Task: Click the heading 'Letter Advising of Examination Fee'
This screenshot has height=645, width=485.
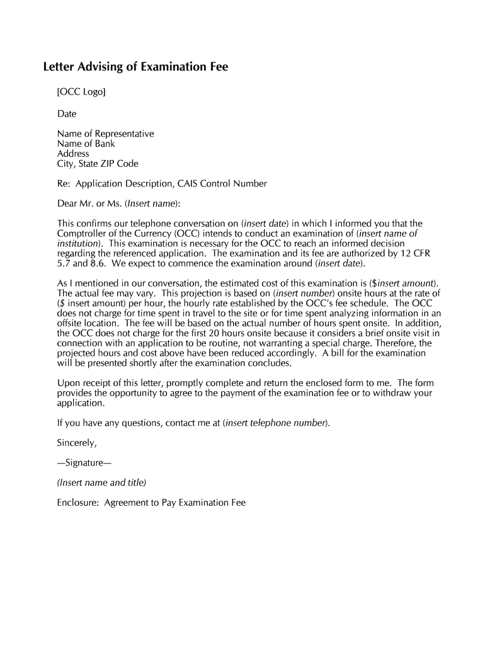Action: pyautogui.click(x=135, y=67)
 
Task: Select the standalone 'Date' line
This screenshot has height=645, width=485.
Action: pyautogui.click(x=67, y=114)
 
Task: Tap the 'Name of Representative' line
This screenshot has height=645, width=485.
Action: pyautogui.click(x=105, y=134)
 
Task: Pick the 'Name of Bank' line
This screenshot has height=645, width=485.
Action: pyautogui.click(x=86, y=144)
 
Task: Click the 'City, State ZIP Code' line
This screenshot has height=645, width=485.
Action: pyautogui.click(x=98, y=164)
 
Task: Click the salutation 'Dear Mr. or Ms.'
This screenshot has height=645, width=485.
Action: pyautogui.click(x=89, y=203)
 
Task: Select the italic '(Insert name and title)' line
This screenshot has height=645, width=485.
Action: pyautogui.click(x=101, y=482)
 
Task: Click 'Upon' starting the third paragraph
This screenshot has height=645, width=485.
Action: pyautogui.click(x=67, y=383)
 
